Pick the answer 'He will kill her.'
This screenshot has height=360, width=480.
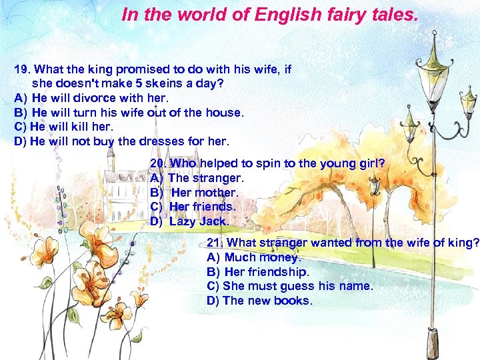tap(72, 127)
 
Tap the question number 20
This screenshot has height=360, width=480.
tap(158, 163)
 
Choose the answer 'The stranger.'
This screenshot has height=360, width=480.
tap(206, 178)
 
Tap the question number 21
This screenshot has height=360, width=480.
tap(215, 243)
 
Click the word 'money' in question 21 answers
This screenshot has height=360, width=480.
tap(281, 257)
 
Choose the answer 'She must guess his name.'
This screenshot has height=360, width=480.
tap(297, 286)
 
